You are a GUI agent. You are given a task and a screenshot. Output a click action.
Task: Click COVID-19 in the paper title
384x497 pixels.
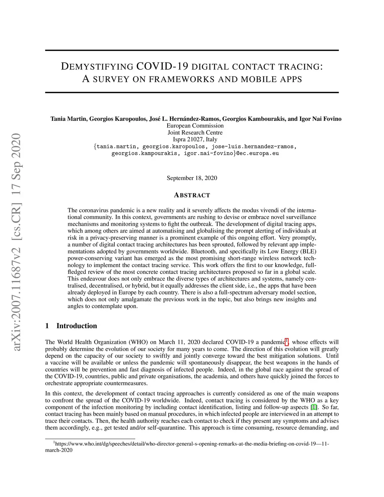[x=162, y=66]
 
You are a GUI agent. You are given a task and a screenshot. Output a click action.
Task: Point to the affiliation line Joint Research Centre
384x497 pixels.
[x=195, y=132]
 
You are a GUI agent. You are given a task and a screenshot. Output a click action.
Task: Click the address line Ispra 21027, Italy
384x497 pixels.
[x=195, y=139]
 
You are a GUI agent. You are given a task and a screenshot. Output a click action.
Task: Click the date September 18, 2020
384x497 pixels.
[x=192, y=178]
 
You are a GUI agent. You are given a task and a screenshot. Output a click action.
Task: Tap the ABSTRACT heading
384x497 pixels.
[x=192, y=195]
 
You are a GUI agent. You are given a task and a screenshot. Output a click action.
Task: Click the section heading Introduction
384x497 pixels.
[x=76, y=326]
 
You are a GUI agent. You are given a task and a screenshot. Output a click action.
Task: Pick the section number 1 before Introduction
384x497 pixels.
[x=47, y=326]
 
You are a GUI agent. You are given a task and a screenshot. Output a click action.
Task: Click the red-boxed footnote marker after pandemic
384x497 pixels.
[x=287, y=341]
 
